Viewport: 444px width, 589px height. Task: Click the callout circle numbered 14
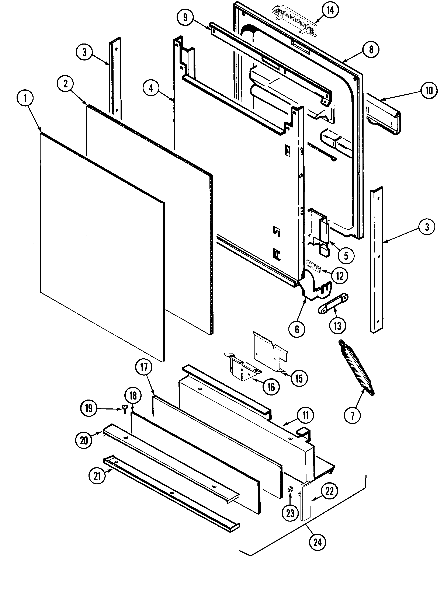(x=330, y=10)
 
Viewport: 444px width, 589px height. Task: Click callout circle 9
(x=185, y=17)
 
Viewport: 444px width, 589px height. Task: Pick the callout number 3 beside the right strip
(x=427, y=227)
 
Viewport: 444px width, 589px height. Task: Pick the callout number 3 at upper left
(x=84, y=52)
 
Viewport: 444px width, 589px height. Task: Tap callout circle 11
(x=305, y=415)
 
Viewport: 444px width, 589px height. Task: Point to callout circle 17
(x=144, y=367)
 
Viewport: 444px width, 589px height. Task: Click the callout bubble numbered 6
(x=297, y=329)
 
